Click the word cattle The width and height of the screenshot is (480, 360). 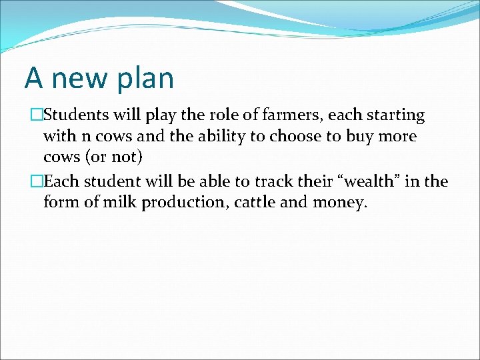pyautogui.click(x=257, y=202)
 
